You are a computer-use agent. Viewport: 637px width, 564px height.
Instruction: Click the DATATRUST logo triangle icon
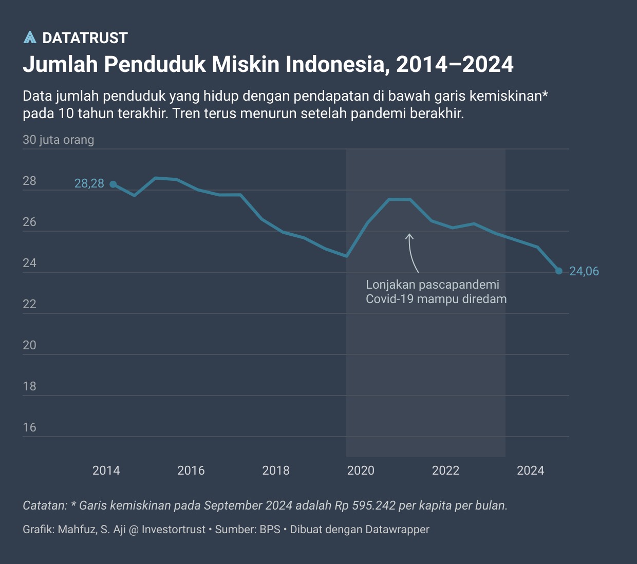[30, 37]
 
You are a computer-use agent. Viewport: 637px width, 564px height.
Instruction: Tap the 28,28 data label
[89, 183]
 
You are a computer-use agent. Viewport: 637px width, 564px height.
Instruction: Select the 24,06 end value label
[584, 271]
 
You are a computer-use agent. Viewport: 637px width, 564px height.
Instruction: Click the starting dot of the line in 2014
[113, 184]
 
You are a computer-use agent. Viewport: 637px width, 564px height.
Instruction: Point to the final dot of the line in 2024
[559, 271]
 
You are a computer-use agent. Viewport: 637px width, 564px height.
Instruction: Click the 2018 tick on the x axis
[276, 471]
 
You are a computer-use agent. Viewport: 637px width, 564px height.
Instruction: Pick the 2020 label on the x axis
[361, 471]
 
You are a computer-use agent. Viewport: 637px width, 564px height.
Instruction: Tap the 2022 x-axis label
[445, 471]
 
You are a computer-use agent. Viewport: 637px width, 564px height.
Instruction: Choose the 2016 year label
[191, 471]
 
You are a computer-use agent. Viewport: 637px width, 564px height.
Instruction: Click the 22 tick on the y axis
[30, 304]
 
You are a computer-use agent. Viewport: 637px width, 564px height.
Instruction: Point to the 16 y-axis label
[30, 427]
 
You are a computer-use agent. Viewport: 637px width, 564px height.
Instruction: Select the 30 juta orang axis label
[59, 140]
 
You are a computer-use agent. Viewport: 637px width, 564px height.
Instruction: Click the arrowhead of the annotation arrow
[409, 236]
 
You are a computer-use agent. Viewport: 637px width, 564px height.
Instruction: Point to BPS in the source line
[270, 530]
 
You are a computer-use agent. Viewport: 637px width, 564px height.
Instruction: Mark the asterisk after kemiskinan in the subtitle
[546, 94]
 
